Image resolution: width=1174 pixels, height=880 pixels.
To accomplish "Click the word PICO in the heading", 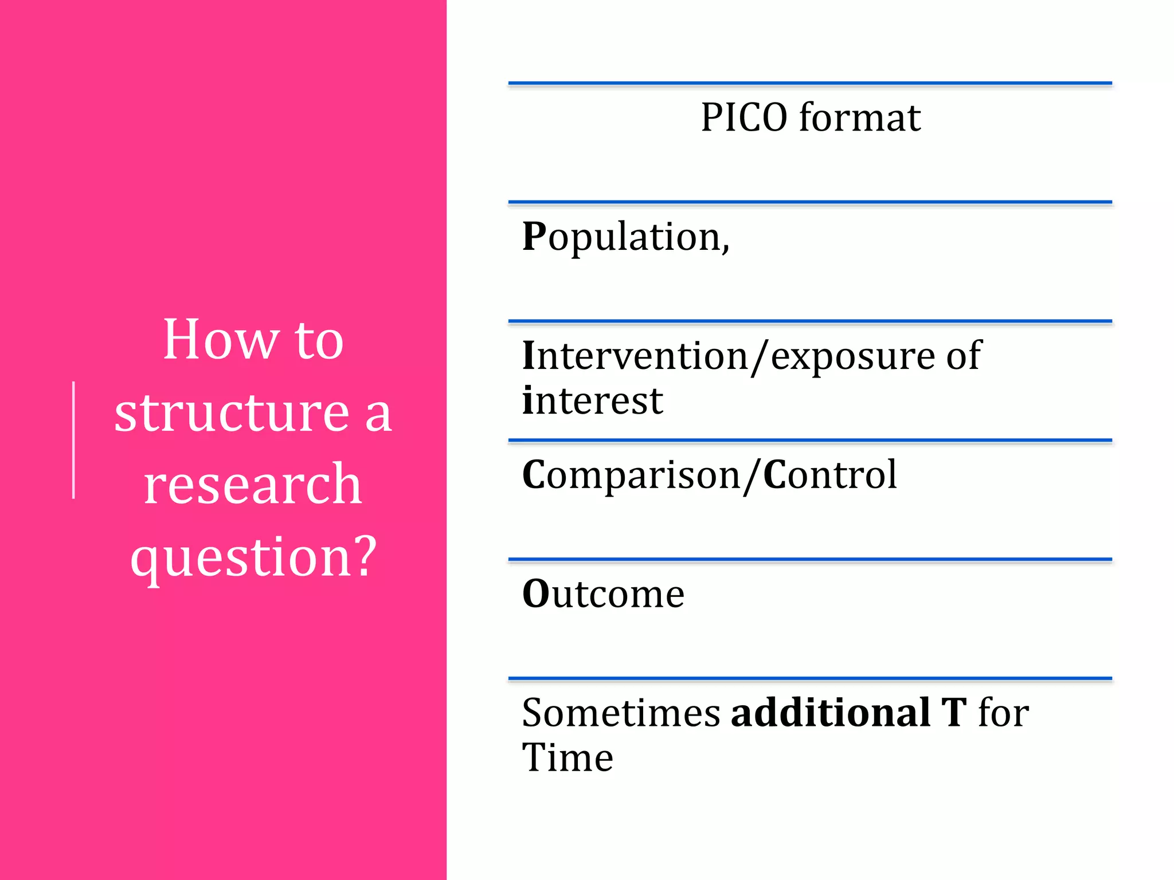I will (744, 118).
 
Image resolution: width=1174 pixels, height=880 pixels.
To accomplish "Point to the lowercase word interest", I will (592, 401).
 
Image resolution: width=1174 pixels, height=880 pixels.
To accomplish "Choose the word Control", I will (830, 476).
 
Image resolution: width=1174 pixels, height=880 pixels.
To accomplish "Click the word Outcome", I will (603, 594).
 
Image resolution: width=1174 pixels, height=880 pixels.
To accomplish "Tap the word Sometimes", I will (621, 713).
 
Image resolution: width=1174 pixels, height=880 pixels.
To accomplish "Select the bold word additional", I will (831, 713).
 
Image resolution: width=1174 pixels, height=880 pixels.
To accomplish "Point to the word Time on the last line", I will (568, 758).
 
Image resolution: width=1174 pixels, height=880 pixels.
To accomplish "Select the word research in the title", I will (253, 485).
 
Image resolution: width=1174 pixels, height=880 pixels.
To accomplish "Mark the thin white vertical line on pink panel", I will (74, 440).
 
